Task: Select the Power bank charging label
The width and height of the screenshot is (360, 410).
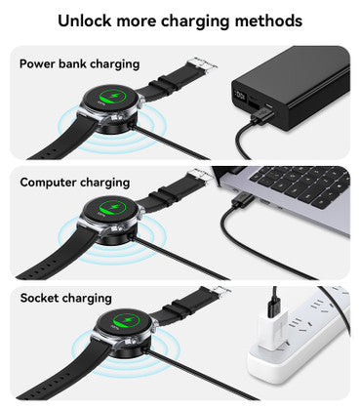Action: [x=79, y=63]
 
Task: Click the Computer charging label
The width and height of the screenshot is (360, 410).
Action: [x=74, y=182]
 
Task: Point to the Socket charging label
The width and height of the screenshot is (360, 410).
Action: [x=65, y=298]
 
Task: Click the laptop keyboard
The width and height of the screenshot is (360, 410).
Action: [x=303, y=181]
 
